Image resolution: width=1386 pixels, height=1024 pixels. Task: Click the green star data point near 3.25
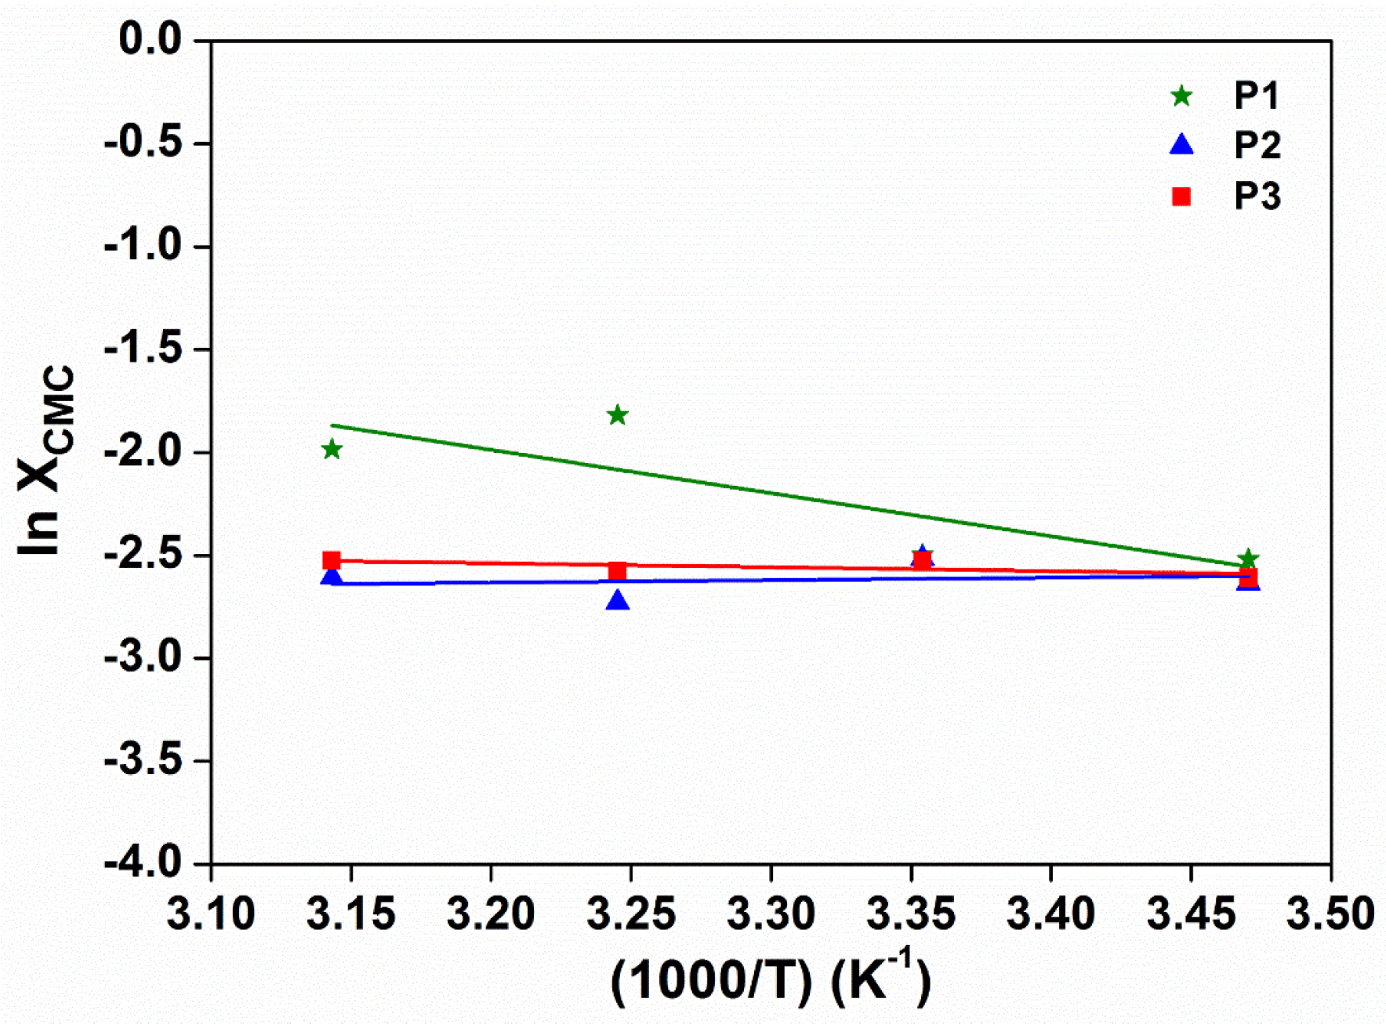tap(618, 415)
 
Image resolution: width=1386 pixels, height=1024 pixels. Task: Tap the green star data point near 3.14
tap(332, 450)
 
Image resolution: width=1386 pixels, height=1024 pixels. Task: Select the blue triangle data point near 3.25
tap(618, 601)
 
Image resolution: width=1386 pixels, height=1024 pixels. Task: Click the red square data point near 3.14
tap(332, 561)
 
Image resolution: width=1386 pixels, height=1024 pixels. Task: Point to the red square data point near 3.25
tap(618, 571)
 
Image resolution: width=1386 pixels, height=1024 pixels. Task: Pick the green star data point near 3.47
tap(1248, 559)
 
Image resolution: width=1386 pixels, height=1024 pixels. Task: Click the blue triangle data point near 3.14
tap(332, 577)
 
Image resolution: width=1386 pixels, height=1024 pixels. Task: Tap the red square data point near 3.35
tap(923, 561)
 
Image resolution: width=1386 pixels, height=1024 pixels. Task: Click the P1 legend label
tap(1257, 96)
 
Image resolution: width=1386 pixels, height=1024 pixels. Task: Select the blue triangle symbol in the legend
tap(1181, 145)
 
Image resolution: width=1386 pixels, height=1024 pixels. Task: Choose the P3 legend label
tap(1257, 196)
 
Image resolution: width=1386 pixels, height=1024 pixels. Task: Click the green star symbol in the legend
tap(1181, 96)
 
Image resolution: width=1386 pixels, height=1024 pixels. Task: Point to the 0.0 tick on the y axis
tap(150, 39)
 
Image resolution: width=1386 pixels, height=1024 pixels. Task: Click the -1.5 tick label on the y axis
tap(143, 349)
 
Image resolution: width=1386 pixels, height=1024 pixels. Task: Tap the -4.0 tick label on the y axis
tap(143, 863)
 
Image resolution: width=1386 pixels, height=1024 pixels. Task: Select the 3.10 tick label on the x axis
tap(211, 914)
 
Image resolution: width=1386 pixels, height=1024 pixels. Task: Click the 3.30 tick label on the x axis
tap(771, 914)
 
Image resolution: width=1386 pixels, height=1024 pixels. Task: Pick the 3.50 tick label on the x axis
tap(1330, 914)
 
